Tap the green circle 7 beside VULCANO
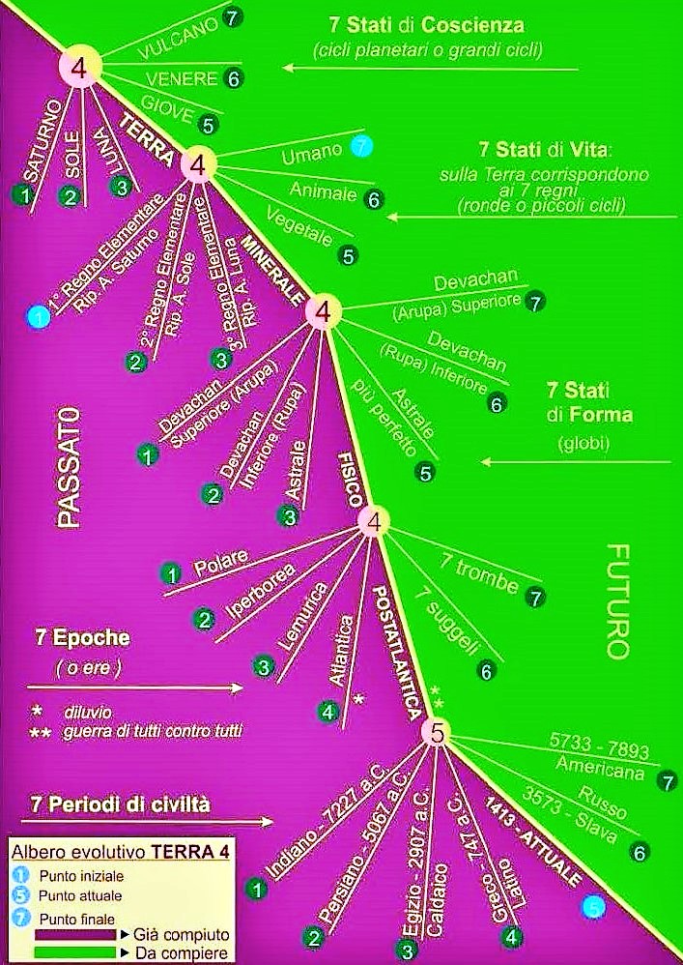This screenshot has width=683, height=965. [231, 16]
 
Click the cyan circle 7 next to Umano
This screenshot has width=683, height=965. [361, 147]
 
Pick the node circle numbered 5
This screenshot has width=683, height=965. [437, 734]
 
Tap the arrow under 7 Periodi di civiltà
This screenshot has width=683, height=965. [145, 822]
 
